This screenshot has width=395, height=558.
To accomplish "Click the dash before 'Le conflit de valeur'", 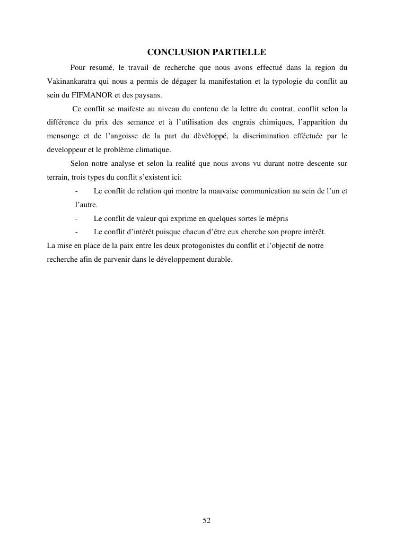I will click(77, 218).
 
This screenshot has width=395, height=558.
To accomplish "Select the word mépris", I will click(277, 218).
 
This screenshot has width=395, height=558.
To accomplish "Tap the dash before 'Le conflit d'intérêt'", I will click(77, 232).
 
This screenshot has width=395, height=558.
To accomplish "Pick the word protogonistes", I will click(197, 246).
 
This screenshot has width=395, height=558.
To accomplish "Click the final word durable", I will click(219, 260).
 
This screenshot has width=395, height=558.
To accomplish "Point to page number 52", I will click(207, 521).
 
